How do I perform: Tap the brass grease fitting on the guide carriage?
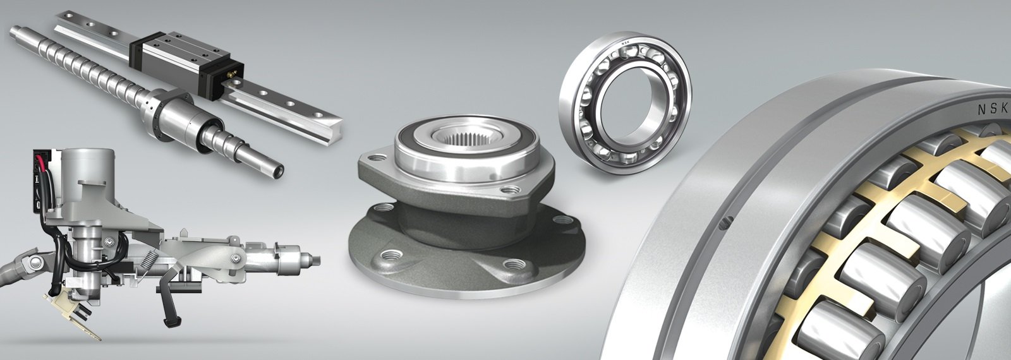[x=234, y=74]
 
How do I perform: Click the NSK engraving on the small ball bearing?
[x=627, y=43]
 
